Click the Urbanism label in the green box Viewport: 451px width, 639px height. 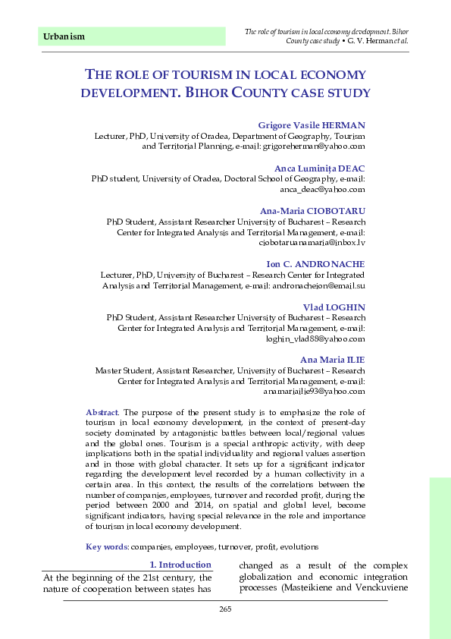pyautogui.click(x=64, y=36)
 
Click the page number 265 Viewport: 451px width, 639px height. pyautogui.click(x=224, y=611)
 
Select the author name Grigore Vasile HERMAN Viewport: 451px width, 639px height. pyautogui.click(x=312, y=124)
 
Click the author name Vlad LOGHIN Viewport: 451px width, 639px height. pyautogui.click(x=334, y=307)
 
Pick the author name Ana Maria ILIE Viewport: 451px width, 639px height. pyautogui.click(x=333, y=360)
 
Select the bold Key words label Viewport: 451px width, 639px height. pyautogui.click(x=107, y=546)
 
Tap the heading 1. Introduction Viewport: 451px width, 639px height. pyautogui.click(x=180, y=565)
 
